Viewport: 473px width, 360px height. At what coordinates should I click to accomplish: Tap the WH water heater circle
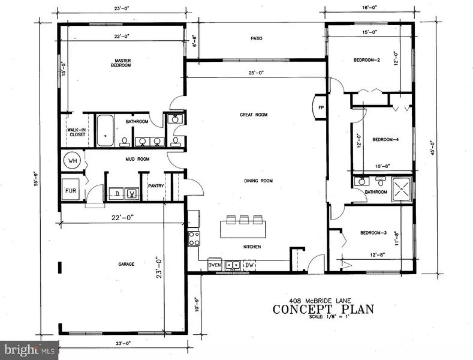pyautogui.click(x=73, y=161)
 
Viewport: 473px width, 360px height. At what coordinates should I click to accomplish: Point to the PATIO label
pyautogui.click(x=257, y=38)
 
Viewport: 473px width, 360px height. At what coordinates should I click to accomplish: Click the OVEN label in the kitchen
pyautogui.click(x=215, y=264)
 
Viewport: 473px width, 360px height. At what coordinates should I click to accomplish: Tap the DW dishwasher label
pyautogui.click(x=251, y=264)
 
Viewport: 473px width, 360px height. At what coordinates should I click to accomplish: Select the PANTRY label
pyautogui.click(x=155, y=186)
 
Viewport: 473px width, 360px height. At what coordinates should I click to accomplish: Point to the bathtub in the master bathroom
pyautogui.click(x=106, y=130)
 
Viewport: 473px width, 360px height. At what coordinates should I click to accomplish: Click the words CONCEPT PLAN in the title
pyautogui.click(x=323, y=309)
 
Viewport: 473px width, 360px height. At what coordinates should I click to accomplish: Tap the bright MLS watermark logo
pyautogui.click(x=29, y=349)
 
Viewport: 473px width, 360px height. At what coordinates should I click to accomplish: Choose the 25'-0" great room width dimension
pyautogui.click(x=257, y=73)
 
